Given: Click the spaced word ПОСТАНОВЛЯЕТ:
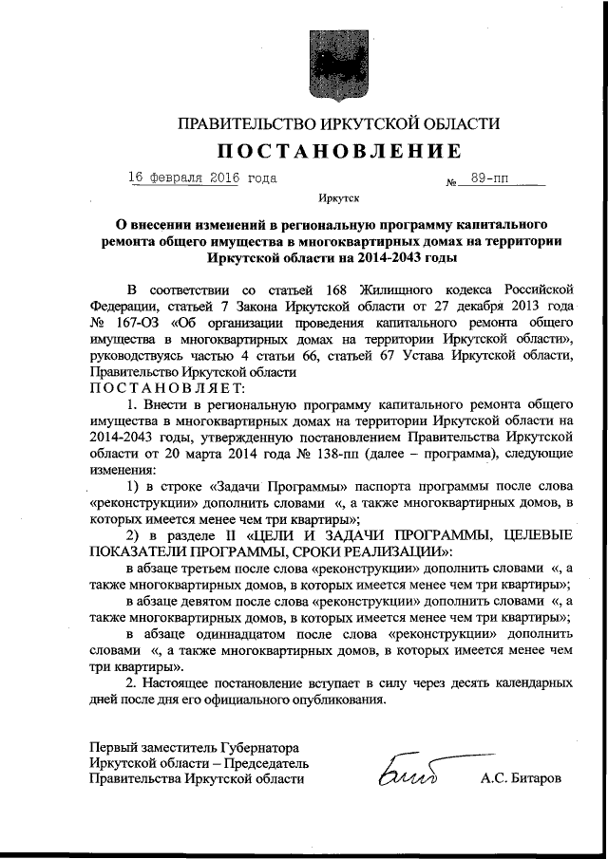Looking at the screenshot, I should (167, 388).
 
